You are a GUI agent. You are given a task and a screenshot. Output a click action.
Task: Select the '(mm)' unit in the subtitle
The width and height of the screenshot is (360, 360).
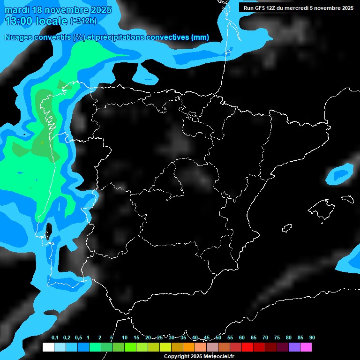pos(201,37)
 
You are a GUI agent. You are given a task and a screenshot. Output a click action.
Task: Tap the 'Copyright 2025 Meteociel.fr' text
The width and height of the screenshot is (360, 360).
pos(199,357)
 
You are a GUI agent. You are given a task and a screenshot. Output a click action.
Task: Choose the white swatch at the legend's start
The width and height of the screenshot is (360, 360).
pos(48,347)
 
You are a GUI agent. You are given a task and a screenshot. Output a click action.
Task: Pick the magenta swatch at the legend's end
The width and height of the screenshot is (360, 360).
pos(306,347)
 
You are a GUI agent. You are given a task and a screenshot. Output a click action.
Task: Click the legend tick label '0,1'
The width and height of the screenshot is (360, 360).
pos(55,338)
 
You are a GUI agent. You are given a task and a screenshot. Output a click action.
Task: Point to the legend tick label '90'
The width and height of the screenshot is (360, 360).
pos(312,338)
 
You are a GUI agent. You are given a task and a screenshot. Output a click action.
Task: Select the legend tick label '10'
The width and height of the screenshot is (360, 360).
pos(125,338)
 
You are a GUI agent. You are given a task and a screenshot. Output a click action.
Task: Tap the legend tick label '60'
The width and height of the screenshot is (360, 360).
pos(242,338)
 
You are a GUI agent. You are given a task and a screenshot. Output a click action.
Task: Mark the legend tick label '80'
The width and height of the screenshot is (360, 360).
pos(289,338)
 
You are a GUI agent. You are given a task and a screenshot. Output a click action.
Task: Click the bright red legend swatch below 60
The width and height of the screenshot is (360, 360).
pos(247,347)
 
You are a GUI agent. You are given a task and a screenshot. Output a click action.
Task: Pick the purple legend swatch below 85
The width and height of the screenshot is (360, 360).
pos(294,347)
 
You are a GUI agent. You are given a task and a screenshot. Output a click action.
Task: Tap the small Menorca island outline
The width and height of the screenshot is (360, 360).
pos(348,199)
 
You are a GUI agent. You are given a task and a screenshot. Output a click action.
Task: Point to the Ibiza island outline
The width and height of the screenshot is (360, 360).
pos(287,228)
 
